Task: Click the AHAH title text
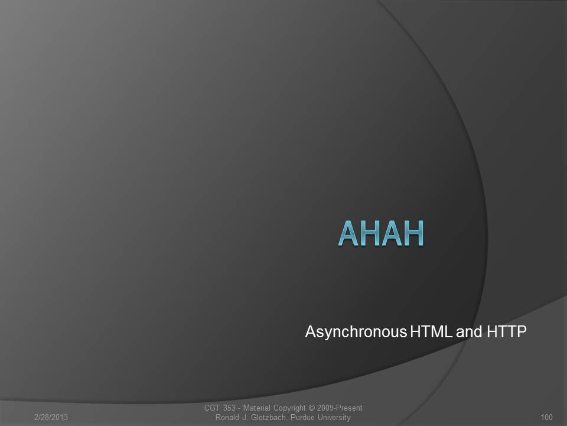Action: click(x=381, y=233)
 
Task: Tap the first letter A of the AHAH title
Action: click(x=348, y=233)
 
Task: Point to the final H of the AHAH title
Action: click(x=413, y=233)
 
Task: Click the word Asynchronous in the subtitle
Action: click(x=356, y=332)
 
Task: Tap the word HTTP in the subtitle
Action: click(x=507, y=331)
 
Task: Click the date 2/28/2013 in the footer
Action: click(x=51, y=417)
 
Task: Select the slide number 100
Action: click(x=546, y=417)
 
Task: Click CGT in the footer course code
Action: click(x=212, y=408)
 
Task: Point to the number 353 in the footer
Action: click(x=229, y=408)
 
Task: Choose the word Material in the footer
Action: click(x=256, y=408)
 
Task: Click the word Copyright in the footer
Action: click(x=289, y=408)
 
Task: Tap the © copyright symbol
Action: click(x=312, y=408)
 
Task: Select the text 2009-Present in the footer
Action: click(x=340, y=408)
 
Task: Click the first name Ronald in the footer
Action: click(x=227, y=417)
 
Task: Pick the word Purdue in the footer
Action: click(x=302, y=417)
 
